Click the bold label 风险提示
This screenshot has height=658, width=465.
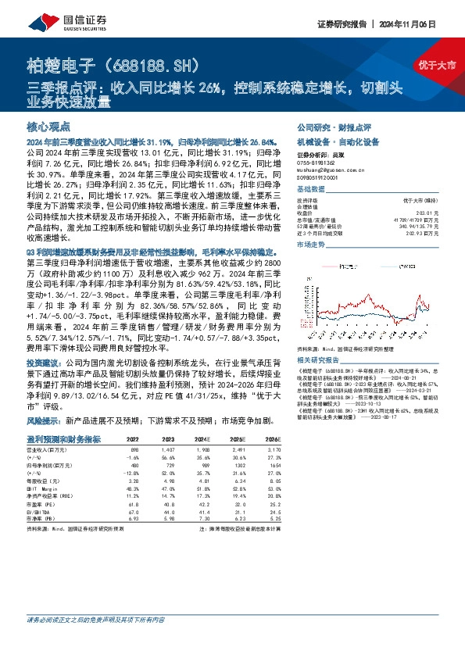(x=41, y=420)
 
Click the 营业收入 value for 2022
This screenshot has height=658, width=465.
(x=134, y=452)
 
